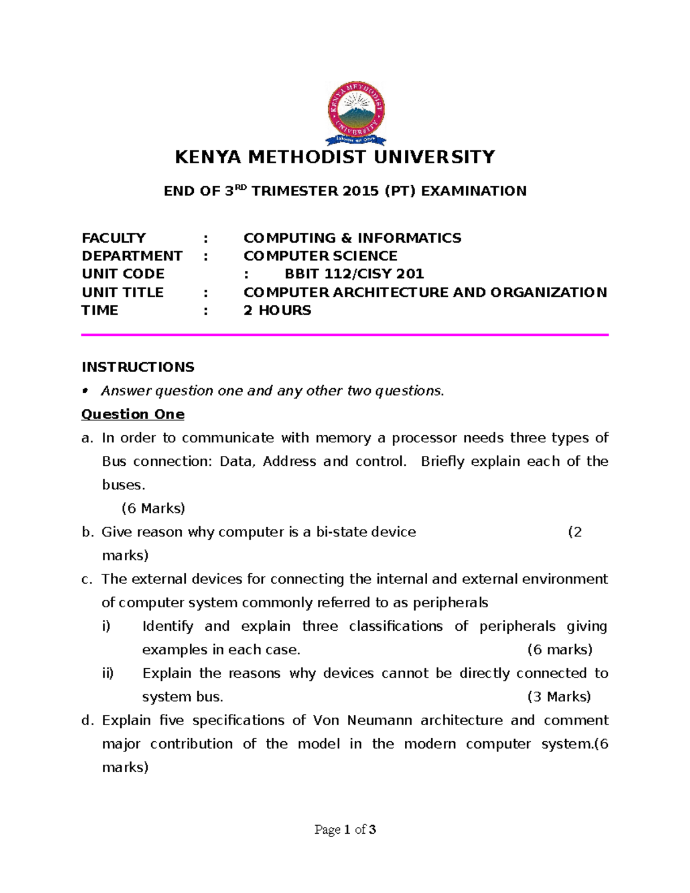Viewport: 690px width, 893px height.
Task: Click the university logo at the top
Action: [356, 113]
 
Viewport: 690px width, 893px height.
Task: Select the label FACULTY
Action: [114, 238]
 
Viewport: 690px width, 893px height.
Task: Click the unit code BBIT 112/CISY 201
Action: [354, 274]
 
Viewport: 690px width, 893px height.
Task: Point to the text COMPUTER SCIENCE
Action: [320, 256]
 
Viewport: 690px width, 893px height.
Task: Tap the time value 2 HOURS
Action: [277, 311]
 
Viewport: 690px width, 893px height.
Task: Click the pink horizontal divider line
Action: [345, 334]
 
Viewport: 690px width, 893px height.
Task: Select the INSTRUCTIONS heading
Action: [138, 367]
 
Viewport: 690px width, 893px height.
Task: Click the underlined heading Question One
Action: [133, 414]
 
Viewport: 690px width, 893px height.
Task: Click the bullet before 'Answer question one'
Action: [85, 391]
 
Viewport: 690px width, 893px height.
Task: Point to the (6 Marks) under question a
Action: [153, 508]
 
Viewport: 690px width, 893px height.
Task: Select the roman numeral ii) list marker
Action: [108, 673]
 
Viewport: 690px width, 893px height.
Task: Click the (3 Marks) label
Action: [559, 697]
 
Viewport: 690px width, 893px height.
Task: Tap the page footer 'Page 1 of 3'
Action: [345, 829]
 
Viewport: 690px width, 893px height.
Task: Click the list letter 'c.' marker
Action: [87, 579]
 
